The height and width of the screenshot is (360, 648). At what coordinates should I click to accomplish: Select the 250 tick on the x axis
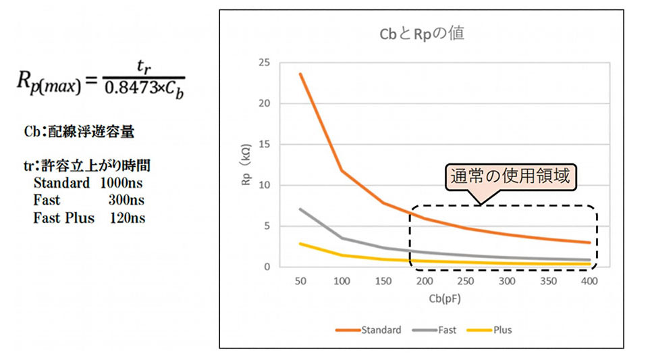[466, 280]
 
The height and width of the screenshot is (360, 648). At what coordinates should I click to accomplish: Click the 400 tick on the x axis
[590, 280]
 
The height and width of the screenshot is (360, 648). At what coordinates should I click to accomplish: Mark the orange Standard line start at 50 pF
[300, 74]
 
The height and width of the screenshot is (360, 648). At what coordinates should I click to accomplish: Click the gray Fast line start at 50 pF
[300, 209]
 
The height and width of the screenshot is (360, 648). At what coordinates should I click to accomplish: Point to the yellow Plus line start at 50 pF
[300, 243]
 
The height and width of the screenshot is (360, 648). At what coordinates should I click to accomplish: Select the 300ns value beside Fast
[126, 201]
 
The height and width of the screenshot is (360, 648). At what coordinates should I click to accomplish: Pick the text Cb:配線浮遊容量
[79, 132]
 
